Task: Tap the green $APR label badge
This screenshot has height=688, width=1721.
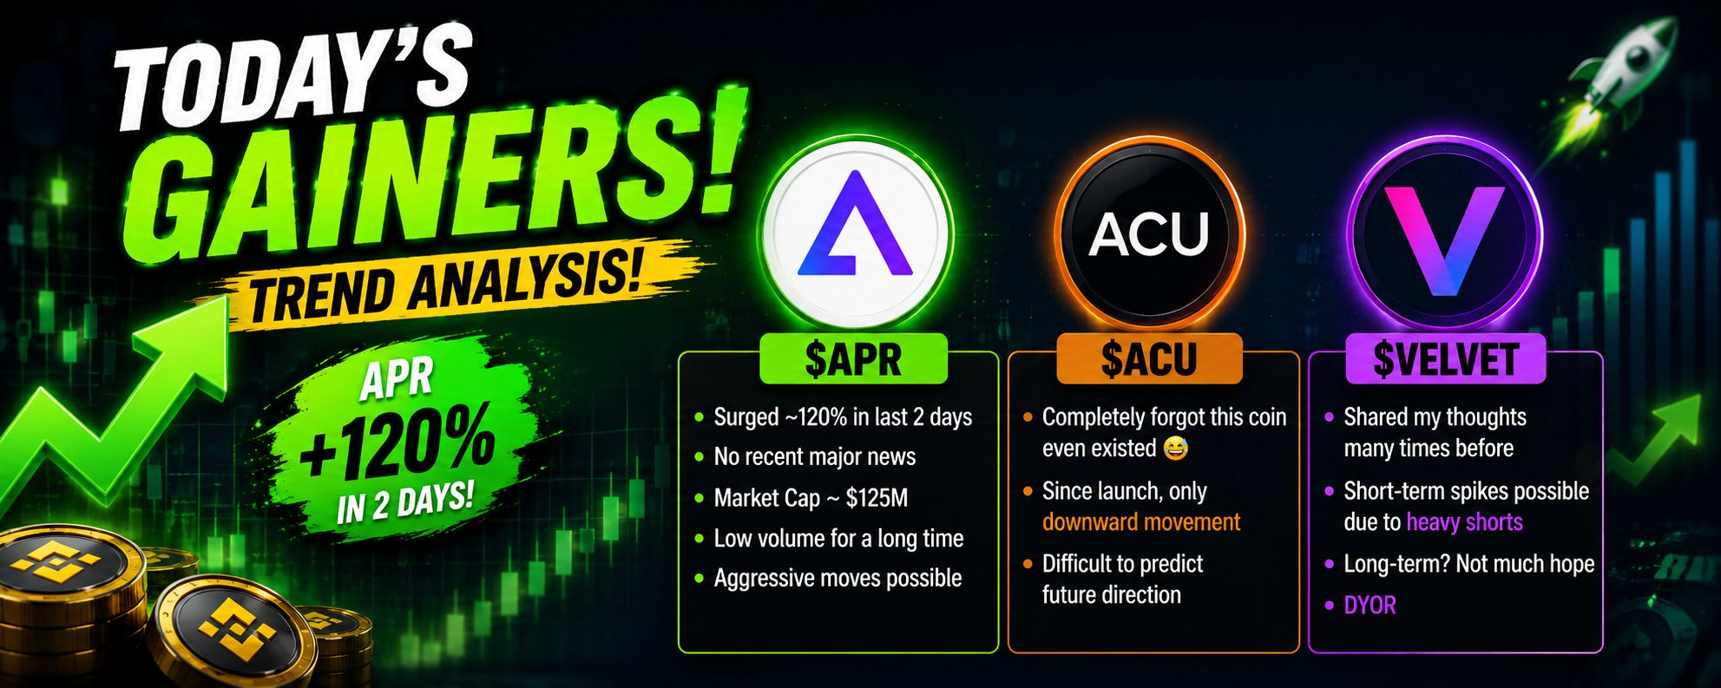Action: coord(853,358)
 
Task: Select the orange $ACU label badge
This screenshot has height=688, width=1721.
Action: coord(1149,358)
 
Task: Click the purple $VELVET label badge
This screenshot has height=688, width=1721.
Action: coord(1445,358)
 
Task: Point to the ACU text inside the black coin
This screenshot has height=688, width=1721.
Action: coord(1149,234)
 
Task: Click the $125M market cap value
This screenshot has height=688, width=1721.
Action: coord(877,498)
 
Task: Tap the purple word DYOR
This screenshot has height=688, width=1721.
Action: coord(1370,605)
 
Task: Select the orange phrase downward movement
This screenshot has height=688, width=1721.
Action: coord(1141,522)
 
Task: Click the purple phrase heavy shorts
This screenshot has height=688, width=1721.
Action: coord(1464,522)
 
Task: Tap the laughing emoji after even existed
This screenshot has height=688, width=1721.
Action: coord(1175,449)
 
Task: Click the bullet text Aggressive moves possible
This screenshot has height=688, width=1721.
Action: coord(838,579)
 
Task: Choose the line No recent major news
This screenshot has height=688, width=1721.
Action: coord(814,457)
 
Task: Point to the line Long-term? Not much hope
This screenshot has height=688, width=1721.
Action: coord(1469,565)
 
